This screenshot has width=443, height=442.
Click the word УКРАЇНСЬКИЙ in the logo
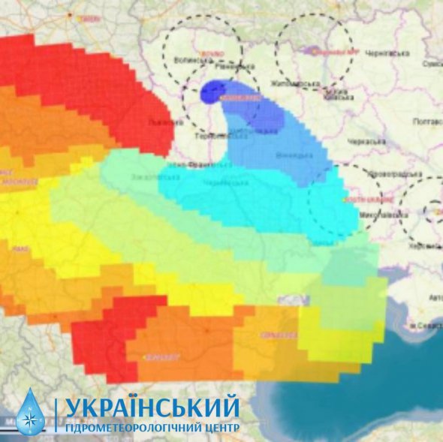coord(152,408)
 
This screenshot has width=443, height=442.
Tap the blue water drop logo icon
coord(31,412)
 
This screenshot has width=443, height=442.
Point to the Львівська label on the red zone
coord(161,120)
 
